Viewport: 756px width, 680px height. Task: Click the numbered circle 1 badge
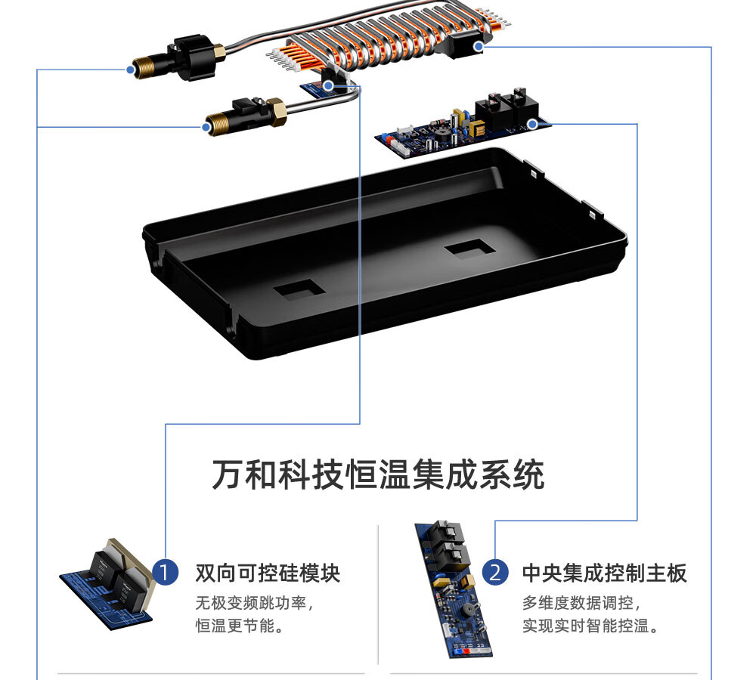click(x=166, y=573)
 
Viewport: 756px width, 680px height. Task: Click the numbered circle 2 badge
click(x=495, y=573)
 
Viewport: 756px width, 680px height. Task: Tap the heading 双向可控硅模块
click(x=268, y=573)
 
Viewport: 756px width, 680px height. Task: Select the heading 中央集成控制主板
click(x=605, y=573)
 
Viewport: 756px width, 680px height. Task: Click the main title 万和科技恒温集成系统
click(x=379, y=474)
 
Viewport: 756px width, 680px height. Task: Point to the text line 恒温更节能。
click(x=240, y=626)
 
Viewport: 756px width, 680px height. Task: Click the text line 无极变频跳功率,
click(x=255, y=602)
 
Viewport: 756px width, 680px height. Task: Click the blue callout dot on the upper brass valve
click(x=130, y=70)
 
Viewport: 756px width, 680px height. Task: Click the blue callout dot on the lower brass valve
click(x=206, y=127)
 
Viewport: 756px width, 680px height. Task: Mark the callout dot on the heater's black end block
click(x=478, y=47)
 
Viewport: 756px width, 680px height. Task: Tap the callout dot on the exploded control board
click(x=532, y=125)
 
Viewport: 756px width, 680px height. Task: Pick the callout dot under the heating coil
click(x=328, y=86)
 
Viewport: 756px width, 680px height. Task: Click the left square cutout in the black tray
click(x=299, y=289)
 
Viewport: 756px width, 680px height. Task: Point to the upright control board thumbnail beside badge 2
click(x=452, y=589)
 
